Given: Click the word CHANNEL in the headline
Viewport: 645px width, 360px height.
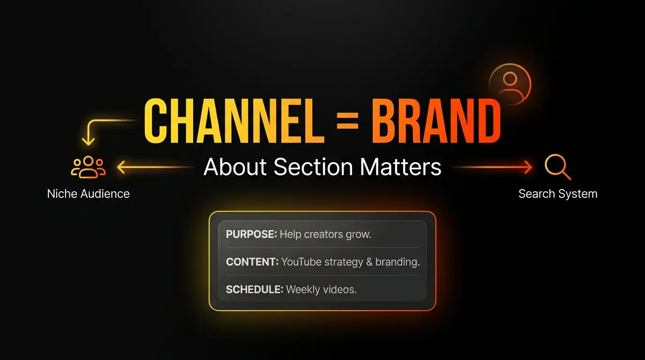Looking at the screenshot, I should point(233,121).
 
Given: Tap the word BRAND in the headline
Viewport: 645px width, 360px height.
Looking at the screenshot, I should point(436,121).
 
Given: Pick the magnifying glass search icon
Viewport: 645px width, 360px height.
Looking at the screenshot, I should point(557,167).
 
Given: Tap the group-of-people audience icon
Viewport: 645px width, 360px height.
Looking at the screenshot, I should point(88,167).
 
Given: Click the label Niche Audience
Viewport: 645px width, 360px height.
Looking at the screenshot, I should point(88,194).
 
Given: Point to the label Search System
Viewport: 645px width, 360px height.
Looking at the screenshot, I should point(558,194).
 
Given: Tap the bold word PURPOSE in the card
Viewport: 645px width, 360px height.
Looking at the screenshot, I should point(251,234).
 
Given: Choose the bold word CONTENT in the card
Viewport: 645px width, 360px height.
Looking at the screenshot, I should point(251,262).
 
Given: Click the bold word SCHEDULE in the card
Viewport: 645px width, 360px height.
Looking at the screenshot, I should point(254,289).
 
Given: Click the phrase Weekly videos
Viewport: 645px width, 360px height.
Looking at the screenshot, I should point(321,289).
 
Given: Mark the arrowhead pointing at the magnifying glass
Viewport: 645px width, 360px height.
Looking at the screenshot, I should point(529,167).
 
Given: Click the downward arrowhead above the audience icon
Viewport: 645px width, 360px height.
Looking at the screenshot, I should point(88,141).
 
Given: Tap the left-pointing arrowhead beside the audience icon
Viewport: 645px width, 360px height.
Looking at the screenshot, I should point(120,167).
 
